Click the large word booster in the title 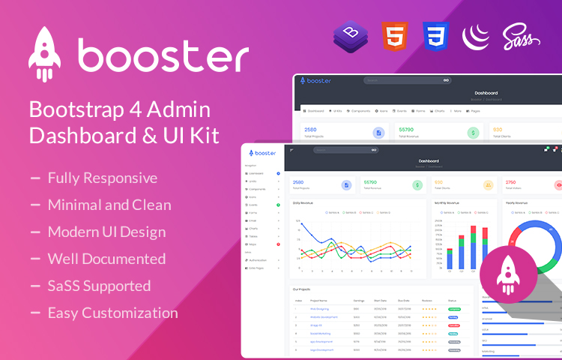(x=163, y=56)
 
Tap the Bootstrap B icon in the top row (x=350, y=35)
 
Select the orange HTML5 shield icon (x=394, y=35)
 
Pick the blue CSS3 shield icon (x=435, y=35)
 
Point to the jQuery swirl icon (x=477, y=35)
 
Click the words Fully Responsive (x=103, y=178)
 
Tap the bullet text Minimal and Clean (x=109, y=205)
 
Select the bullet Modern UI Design (x=106, y=232)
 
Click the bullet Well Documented (x=106, y=259)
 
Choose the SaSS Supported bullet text (x=99, y=286)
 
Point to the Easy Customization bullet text (x=112, y=313)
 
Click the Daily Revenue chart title (x=303, y=202)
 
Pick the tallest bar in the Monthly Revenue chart (x=473, y=247)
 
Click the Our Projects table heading (x=301, y=289)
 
